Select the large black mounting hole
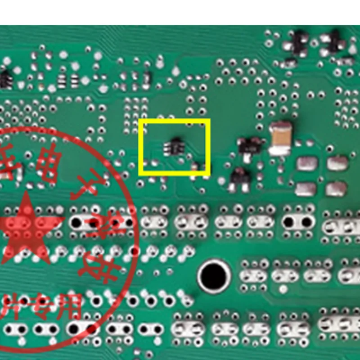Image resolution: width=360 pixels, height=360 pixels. click(214, 275)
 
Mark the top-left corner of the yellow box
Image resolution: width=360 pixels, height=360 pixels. click(140, 120)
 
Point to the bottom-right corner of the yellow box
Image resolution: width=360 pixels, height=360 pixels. click(209, 174)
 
